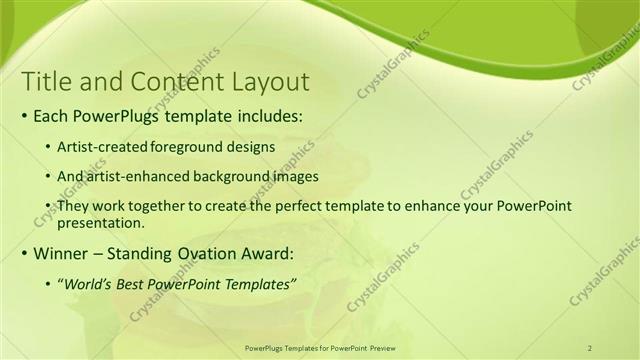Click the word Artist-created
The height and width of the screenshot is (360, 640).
(x=98, y=146)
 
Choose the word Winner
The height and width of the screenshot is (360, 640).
(x=63, y=252)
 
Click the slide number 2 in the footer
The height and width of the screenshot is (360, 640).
(x=590, y=348)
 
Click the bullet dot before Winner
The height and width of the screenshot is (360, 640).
(x=24, y=252)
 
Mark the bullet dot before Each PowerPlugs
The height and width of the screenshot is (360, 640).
(x=24, y=116)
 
